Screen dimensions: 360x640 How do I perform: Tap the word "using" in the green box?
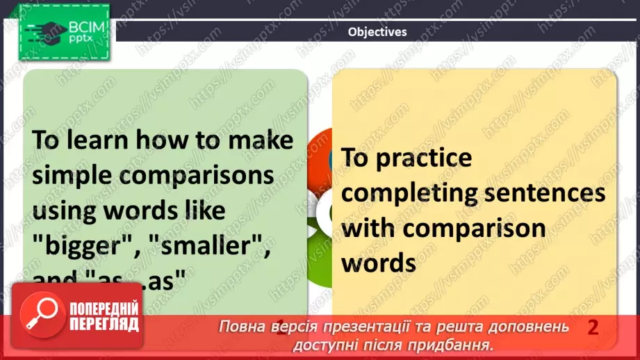click(63, 210)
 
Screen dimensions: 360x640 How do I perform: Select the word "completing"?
click(414, 193)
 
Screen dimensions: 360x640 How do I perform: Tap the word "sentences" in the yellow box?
click(548, 193)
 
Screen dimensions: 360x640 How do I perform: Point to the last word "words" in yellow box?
click(379, 263)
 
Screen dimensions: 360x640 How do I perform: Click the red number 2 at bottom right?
click(593, 328)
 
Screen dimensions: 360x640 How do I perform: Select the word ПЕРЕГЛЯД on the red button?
click(104, 325)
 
